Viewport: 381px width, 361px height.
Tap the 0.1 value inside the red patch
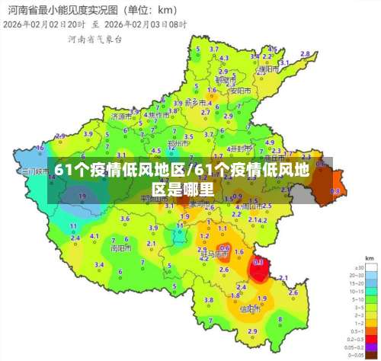(258, 262)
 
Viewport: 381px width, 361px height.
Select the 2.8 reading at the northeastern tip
(306, 53)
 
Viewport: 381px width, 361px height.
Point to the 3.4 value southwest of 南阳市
(99, 265)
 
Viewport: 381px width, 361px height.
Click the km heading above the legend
(370, 259)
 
